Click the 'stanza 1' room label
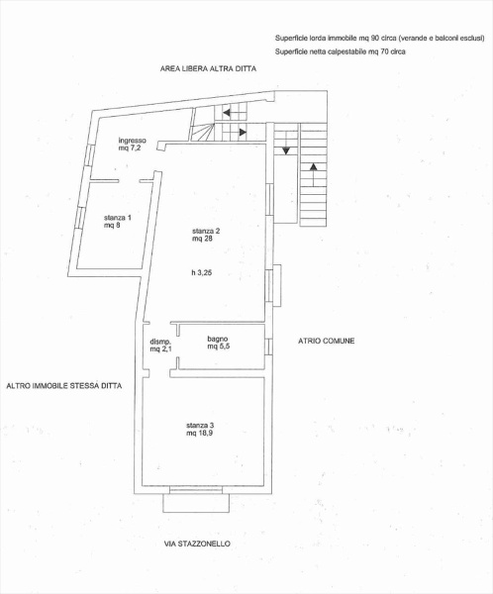(x=117, y=217)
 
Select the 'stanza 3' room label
(x=199, y=425)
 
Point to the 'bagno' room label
(x=218, y=339)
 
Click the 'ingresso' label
(x=133, y=140)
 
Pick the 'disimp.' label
(x=160, y=341)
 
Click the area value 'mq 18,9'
(x=199, y=434)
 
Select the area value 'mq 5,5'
(x=219, y=347)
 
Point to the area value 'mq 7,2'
(x=132, y=148)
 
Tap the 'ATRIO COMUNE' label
(x=326, y=341)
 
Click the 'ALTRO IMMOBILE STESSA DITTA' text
(x=63, y=386)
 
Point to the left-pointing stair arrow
(x=229, y=113)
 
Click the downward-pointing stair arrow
(x=286, y=150)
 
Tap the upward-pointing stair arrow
(x=314, y=166)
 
